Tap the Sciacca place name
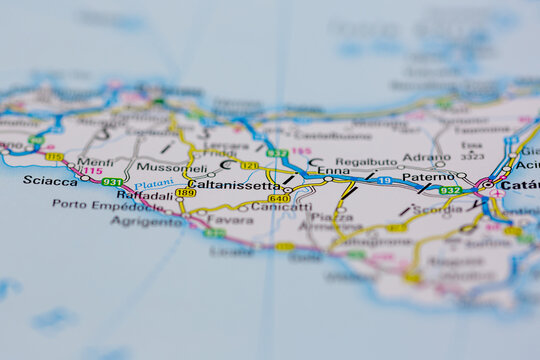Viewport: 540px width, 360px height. (x=49, y=182)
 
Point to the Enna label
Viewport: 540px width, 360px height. (x=333, y=171)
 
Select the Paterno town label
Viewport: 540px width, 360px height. (x=429, y=177)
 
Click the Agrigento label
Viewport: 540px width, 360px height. (x=146, y=221)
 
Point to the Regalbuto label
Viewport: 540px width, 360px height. (x=366, y=161)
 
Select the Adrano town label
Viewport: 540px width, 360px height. (x=428, y=158)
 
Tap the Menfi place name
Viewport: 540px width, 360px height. (x=95, y=162)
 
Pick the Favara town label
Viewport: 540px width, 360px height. (x=230, y=219)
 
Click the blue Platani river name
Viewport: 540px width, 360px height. (x=154, y=184)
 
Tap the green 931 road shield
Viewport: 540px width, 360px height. (x=112, y=183)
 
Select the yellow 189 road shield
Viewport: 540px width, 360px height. (x=186, y=193)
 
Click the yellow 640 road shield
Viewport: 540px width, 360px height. (x=279, y=198)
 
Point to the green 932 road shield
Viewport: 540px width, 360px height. (x=451, y=190)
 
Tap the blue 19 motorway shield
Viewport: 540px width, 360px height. (x=384, y=181)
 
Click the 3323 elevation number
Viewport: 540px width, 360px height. (x=473, y=157)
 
